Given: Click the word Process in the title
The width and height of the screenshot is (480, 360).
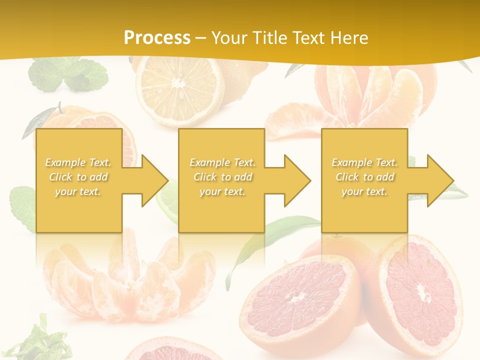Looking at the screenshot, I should [157, 38].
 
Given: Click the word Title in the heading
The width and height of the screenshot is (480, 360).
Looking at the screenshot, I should [269, 38].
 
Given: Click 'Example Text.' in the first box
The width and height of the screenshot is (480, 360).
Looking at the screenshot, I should [78, 162].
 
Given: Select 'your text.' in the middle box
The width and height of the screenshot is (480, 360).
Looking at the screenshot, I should [222, 191].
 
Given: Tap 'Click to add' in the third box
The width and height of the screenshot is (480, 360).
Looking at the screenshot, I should [364, 177].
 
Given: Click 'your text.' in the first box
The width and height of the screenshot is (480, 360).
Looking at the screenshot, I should [78, 191].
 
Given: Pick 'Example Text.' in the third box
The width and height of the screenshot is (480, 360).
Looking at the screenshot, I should [364, 162].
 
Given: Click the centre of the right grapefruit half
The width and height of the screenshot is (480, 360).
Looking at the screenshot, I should [424, 295].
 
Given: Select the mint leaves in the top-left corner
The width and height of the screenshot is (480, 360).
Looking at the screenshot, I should [70, 75].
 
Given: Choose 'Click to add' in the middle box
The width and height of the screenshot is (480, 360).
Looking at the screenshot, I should [222, 177].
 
